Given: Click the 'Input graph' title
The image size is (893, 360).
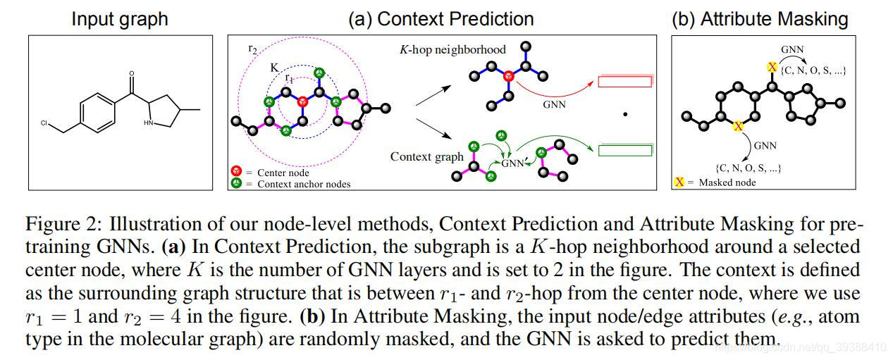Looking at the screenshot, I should point(120,19).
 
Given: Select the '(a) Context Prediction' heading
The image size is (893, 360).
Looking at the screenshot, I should point(441,19).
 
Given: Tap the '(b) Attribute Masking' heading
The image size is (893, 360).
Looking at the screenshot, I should point(759,19).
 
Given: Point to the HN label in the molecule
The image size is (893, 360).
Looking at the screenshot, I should point(148,122).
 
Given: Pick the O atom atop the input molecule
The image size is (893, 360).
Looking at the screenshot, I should point(131,73).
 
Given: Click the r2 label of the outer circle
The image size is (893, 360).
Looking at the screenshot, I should point(252,49).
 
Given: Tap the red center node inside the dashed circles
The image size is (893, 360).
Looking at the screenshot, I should point(302,101).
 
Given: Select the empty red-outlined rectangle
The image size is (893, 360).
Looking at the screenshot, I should point(624,82).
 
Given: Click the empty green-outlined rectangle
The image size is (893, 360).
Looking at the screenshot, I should point(624,149).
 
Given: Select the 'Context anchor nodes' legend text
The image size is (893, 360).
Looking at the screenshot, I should point(304,184).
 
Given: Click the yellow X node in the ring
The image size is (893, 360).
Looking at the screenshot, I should point(738,126).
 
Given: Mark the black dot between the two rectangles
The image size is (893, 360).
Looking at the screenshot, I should point(625,113).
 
